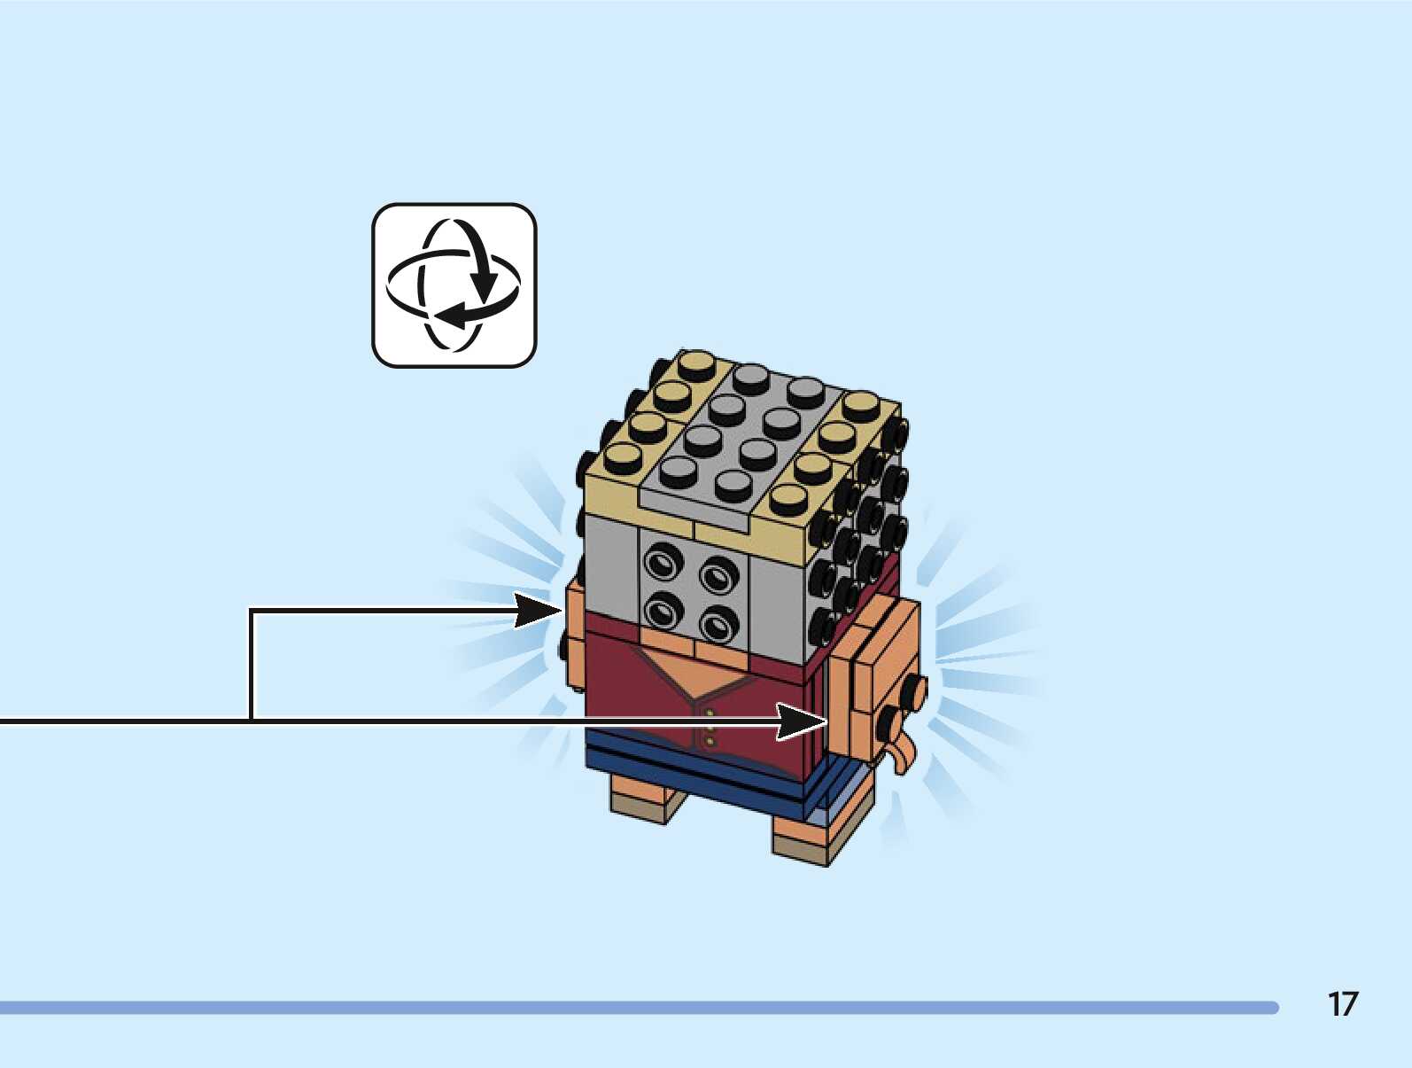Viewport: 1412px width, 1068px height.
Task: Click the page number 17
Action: pos(1342,1004)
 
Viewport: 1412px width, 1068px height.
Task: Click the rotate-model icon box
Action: pos(454,285)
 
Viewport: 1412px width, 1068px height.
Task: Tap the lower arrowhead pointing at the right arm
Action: pos(803,721)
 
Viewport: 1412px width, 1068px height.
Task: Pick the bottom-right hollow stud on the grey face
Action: pos(718,626)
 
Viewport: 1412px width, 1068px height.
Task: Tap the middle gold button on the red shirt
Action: pos(710,728)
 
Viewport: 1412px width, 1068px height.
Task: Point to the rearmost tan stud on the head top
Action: pos(695,363)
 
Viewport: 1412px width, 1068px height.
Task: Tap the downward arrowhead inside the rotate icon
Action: pos(484,285)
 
